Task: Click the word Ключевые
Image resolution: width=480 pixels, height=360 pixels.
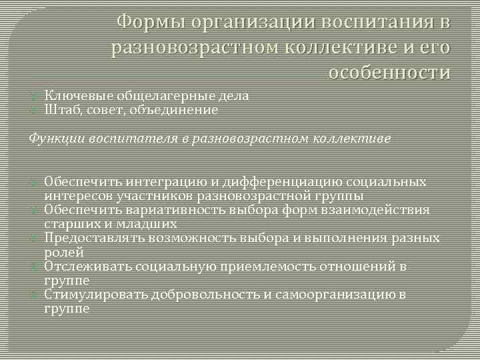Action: [71, 95]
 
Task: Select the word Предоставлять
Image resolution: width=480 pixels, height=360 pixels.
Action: [86, 238]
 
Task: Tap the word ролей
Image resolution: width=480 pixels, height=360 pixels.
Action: [63, 253]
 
